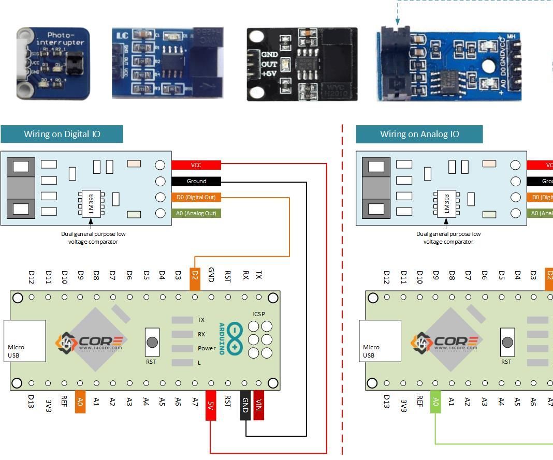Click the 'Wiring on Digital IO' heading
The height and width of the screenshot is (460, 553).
pyautogui.click(x=62, y=134)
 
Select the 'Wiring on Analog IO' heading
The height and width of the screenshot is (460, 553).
pyautogui.click(x=419, y=134)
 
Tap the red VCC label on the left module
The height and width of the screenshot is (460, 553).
pyautogui.click(x=196, y=165)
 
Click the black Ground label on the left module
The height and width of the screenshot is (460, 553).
pyautogui.click(x=196, y=181)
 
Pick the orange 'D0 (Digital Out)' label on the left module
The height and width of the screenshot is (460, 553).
pyautogui.click(x=196, y=197)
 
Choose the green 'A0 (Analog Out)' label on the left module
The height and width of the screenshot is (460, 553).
pyautogui.click(x=196, y=213)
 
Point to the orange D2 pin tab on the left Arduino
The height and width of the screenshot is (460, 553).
pyautogui.click(x=195, y=279)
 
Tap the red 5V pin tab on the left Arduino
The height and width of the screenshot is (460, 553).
pyautogui.click(x=211, y=405)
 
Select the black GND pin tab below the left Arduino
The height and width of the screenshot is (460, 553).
pyautogui.click(x=245, y=405)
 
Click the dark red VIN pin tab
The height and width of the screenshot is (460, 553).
pyautogui.click(x=259, y=405)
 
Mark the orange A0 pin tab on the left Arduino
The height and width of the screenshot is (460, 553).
pyautogui.click(x=80, y=402)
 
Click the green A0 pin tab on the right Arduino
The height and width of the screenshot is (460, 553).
pyautogui.click(x=435, y=402)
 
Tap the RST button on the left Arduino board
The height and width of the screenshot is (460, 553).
pyautogui.click(x=152, y=342)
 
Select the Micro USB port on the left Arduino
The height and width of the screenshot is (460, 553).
pyautogui.click(x=24, y=341)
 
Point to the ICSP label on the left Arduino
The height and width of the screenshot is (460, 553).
pyautogui.click(x=259, y=314)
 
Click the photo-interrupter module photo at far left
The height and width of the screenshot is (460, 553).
pyautogui.click(x=53, y=63)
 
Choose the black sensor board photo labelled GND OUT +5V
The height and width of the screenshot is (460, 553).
pyautogui.click(x=302, y=64)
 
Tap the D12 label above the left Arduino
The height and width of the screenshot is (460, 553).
pyautogui.click(x=32, y=277)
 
